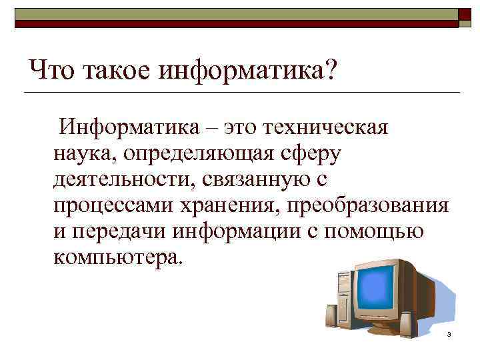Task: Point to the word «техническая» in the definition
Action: (x=326, y=126)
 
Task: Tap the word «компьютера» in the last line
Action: (x=114, y=257)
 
